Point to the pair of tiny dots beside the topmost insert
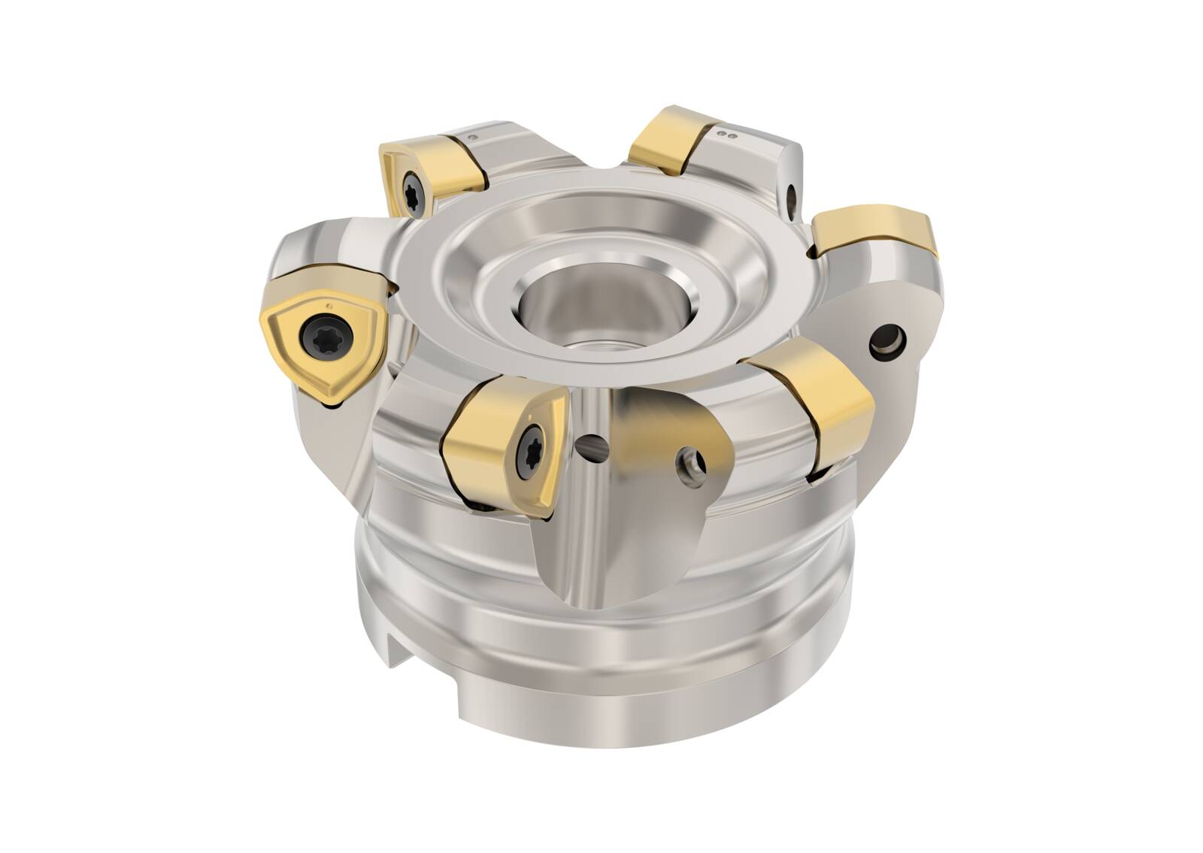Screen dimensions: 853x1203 pyautogui.click(x=726, y=136)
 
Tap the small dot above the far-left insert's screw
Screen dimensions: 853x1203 pyautogui.click(x=329, y=305)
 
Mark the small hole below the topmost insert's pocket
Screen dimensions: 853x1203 pyautogui.click(x=792, y=197)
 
